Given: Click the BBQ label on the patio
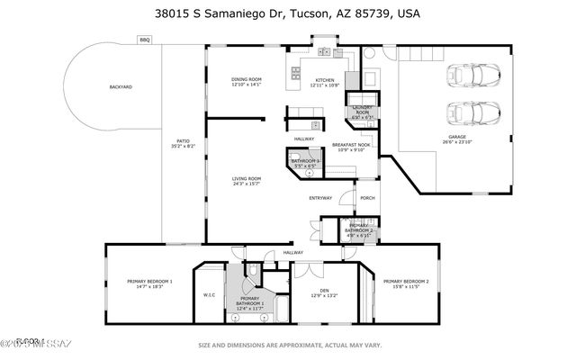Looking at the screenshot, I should pyautogui.click(x=144, y=40).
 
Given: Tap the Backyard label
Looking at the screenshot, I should pyautogui.click(x=121, y=87).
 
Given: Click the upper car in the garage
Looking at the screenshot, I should pyautogui.click(x=471, y=76).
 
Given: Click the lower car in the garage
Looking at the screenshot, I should pyautogui.click(x=471, y=114).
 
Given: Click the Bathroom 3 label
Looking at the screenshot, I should pyautogui.click(x=305, y=162).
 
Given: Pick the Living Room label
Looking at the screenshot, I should pyautogui.click(x=247, y=179).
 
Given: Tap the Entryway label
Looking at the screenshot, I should pyautogui.click(x=320, y=198).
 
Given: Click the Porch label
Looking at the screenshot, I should pyautogui.click(x=367, y=198).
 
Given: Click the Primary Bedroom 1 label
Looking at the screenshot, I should pyautogui.click(x=149, y=282).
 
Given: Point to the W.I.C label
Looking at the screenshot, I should pyautogui.click(x=208, y=294).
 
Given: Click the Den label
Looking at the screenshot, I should pyautogui.click(x=324, y=291).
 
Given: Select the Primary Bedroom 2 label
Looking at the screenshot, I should pyautogui.click(x=406, y=282).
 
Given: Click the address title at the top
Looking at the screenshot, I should pyautogui.click(x=288, y=14).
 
